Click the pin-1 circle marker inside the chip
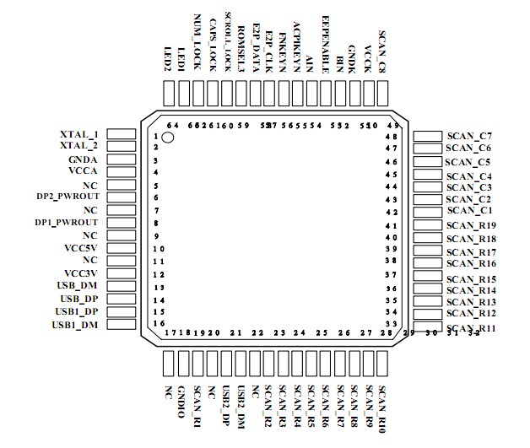point(168,137)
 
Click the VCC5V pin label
point(81,248)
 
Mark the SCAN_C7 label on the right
point(470,135)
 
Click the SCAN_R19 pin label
point(472,225)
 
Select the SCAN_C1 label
point(470,210)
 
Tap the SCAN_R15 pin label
point(472,278)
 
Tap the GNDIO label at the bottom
point(181,402)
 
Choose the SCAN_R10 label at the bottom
point(382,408)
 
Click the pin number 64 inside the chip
point(172,126)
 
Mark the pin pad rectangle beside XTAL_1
point(123,135)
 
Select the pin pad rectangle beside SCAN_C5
point(428,161)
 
